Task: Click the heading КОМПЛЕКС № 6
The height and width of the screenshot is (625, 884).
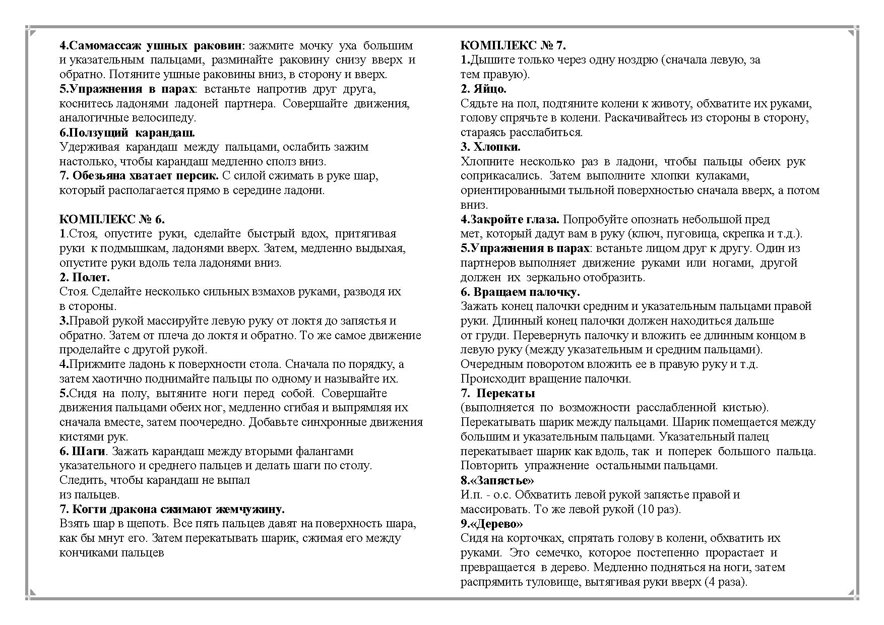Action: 112,219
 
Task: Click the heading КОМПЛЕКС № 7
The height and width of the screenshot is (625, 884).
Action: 513,45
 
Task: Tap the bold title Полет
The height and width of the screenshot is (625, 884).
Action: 91,277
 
